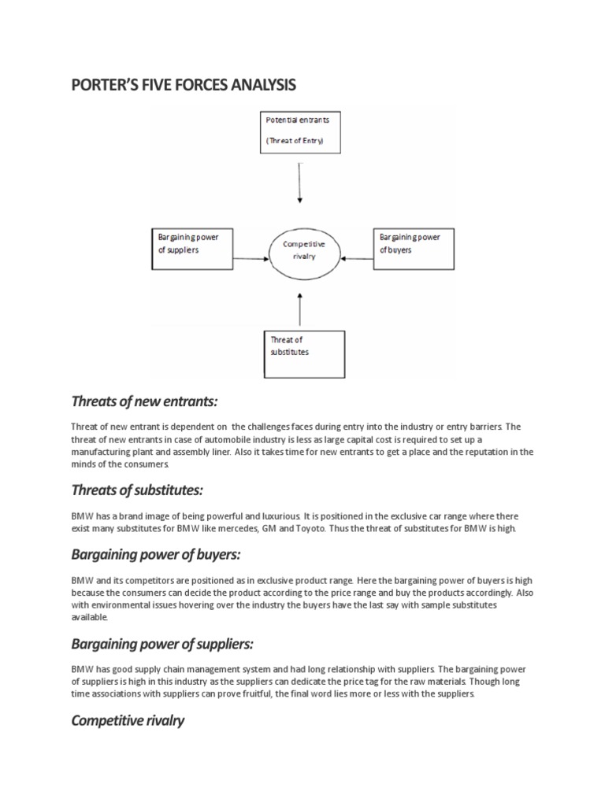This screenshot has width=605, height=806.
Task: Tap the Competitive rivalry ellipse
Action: [304, 250]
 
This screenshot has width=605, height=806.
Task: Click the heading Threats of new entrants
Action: [143, 401]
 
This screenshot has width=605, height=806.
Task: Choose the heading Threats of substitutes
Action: [137, 490]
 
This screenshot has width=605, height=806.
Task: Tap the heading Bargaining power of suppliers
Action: [162, 644]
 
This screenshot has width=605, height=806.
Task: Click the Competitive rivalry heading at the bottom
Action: [128, 720]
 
